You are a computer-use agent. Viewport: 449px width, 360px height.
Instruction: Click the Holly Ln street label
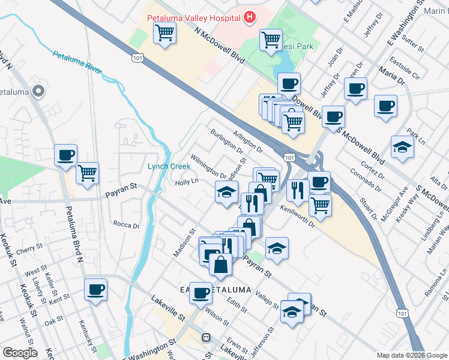point(186,182)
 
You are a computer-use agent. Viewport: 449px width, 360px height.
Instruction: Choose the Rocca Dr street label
point(126,225)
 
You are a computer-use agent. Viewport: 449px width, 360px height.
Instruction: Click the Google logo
point(20,353)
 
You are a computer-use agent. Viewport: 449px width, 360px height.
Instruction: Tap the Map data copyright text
point(411,355)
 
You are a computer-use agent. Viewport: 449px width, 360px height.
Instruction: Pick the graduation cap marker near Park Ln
point(402,146)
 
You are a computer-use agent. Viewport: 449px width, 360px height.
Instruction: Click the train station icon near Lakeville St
point(205,338)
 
